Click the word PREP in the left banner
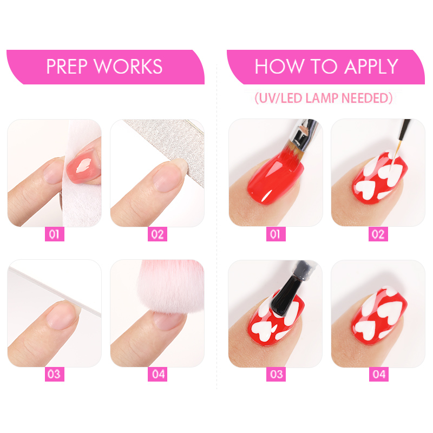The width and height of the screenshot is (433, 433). (67, 67)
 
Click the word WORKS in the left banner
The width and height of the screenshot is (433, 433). (128, 67)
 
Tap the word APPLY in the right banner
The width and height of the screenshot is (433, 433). (371, 67)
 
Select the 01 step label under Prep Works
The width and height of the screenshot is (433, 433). (55, 234)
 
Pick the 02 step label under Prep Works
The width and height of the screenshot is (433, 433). (158, 234)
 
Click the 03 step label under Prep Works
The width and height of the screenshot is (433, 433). (55, 374)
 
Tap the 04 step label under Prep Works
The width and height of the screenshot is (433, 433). (158, 374)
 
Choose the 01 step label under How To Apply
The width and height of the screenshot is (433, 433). (276, 234)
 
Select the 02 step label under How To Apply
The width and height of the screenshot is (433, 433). (378, 234)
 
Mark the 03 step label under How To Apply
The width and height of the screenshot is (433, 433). (276, 374)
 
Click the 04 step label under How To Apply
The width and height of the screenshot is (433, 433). (379, 374)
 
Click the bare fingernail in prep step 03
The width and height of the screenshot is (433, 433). (63, 316)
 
